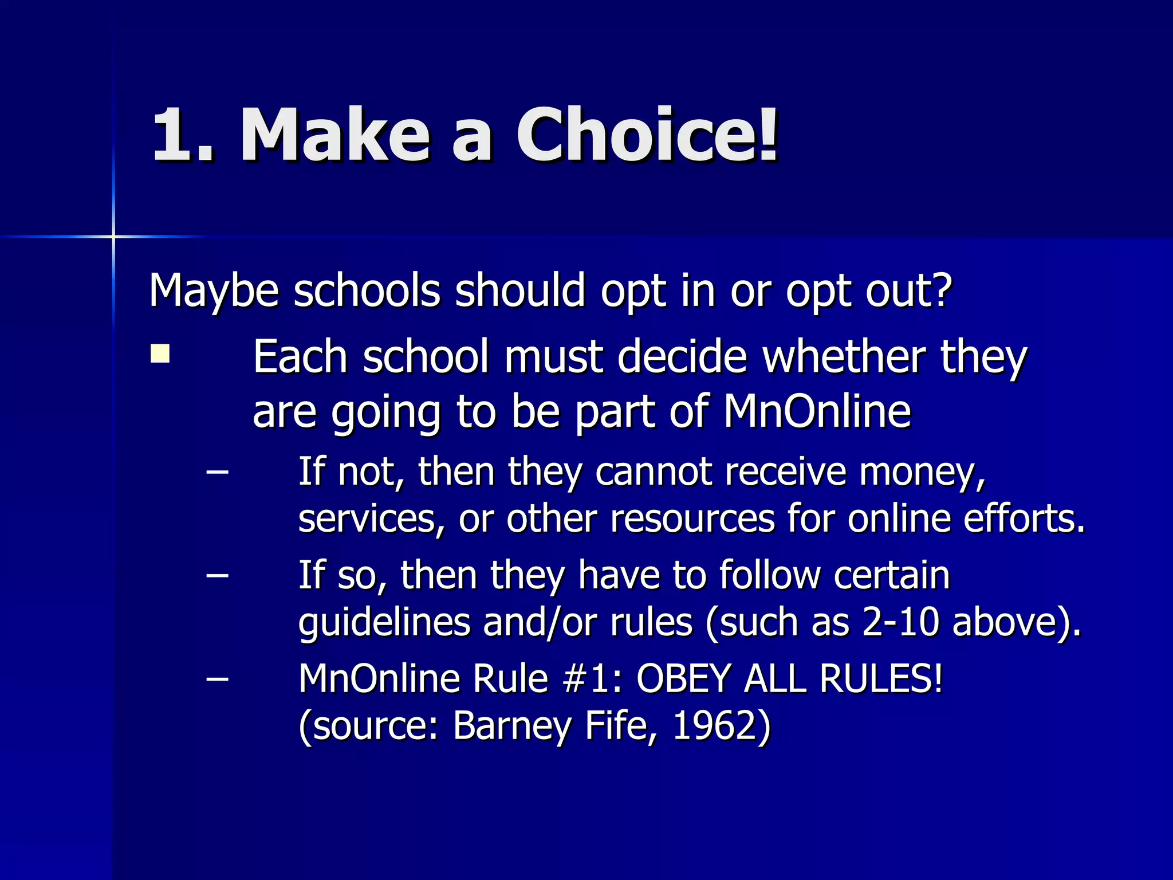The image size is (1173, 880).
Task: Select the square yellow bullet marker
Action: [160, 353]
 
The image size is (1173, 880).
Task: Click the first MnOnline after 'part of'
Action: [817, 411]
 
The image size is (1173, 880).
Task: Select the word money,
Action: [922, 472]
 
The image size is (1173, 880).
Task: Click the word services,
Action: [371, 519]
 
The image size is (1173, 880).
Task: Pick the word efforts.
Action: [1024, 518]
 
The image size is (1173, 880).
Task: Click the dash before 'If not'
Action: [217, 472]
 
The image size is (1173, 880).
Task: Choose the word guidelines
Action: [384, 623]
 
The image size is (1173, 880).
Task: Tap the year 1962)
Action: [722, 726]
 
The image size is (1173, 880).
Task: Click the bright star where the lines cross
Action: [113, 236]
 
